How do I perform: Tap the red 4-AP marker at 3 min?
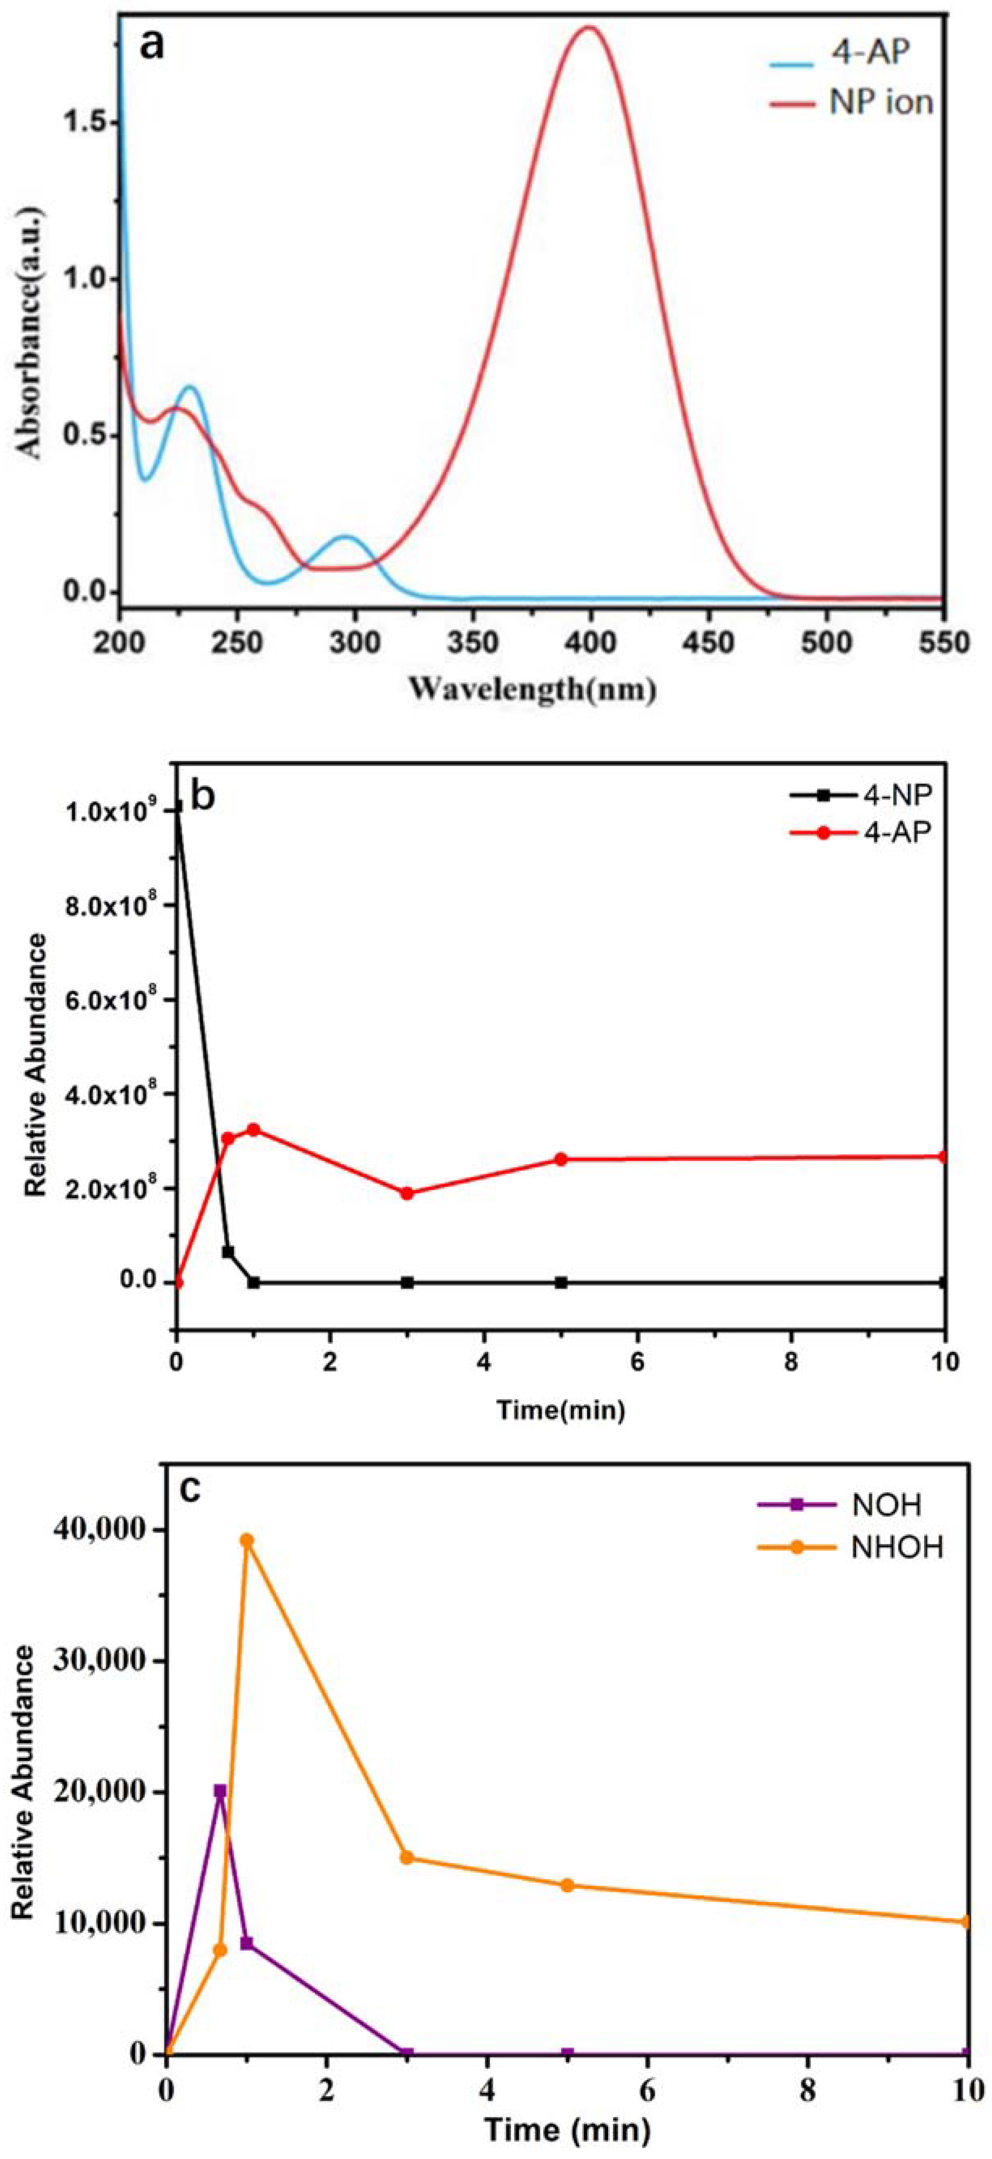tap(408, 1193)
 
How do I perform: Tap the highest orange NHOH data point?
tap(247, 1541)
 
